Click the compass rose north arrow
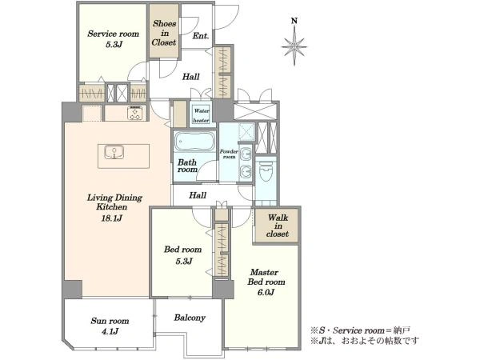point(294,42)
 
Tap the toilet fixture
point(266,171)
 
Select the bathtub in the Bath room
point(194,142)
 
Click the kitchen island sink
point(114,152)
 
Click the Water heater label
point(202,115)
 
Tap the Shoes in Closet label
point(164,33)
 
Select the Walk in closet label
point(278,226)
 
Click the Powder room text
point(229,154)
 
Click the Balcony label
point(190,318)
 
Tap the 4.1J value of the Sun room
point(110,331)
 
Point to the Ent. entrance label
point(201,36)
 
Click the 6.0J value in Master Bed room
point(266,292)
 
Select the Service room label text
point(114,34)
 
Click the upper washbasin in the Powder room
point(246,154)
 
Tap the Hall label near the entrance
point(191,77)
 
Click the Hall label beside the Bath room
point(198,195)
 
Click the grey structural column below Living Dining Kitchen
point(72,290)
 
